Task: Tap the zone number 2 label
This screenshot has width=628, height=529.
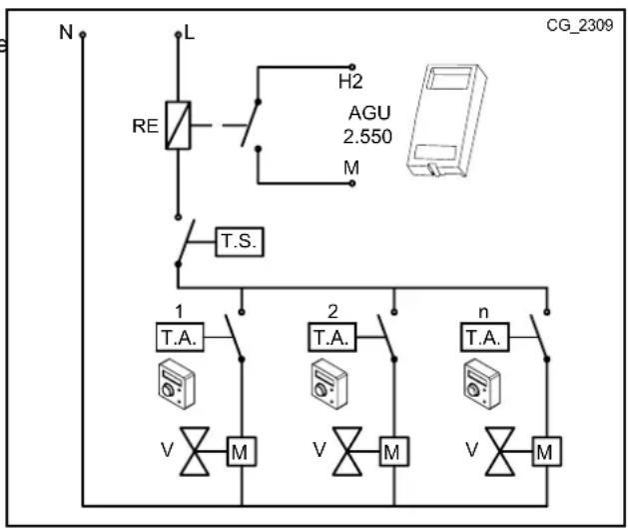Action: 331,307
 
